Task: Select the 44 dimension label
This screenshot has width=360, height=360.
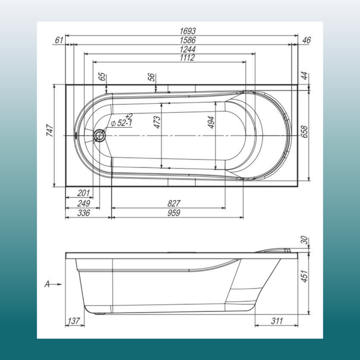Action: click(x=305, y=75)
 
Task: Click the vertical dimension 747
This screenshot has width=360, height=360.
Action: click(x=50, y=131)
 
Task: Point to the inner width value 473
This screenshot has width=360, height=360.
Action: click(x=157, y=123)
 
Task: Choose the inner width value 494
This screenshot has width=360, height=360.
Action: click(x=211, y=123)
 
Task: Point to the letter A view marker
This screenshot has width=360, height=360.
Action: click(x=47, y=281)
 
